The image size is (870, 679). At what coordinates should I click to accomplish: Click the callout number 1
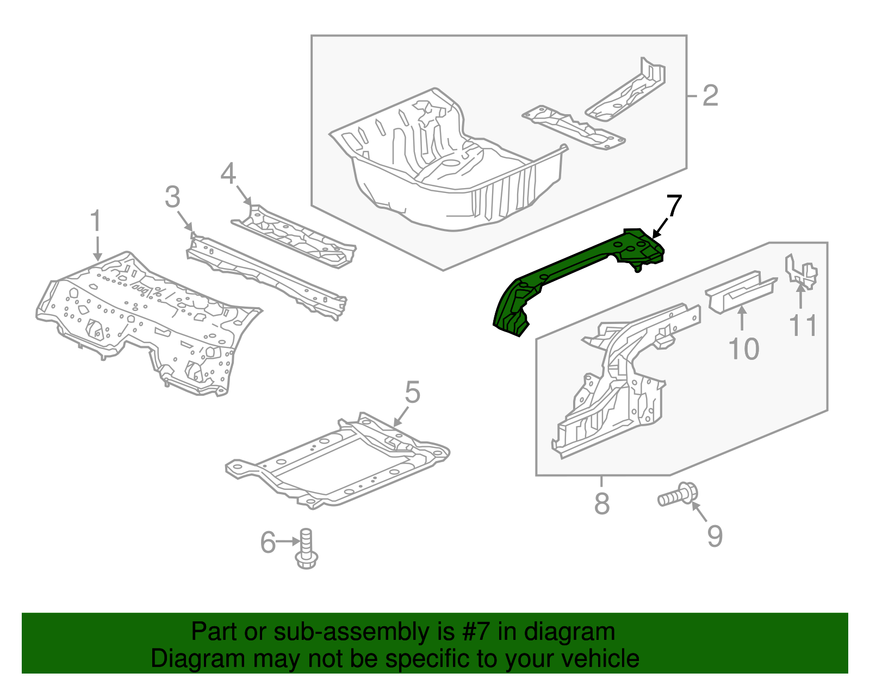pyautogui.click(x=96, y=222)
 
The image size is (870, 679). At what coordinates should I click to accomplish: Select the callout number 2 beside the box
pyautogui.click(x=710, y=96)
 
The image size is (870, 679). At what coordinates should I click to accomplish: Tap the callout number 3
pyautogui.click(x=172, y=197)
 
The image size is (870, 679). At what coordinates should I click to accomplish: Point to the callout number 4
pyautogui.click(x=228, y=174)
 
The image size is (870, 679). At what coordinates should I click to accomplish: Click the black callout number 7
pyautogui.click(x=673, y=206)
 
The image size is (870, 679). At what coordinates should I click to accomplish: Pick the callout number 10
pyautogui.click(x=743, y=349)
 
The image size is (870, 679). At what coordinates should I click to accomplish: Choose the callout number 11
pyautogui.click(x=803, y=326)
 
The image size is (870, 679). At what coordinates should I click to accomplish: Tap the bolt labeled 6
pyautogui.click(x=306, y=549)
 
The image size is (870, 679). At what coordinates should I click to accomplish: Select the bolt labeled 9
pyautogui.click(x=677, y=496)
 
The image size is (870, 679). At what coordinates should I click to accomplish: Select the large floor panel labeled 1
pyautogui.click(x=147, y=321)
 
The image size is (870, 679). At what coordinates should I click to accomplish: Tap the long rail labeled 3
pyautogui.click(x=266, y=275)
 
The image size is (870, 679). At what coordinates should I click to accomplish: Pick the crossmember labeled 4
pyautogui.click(x=294, y=236)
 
